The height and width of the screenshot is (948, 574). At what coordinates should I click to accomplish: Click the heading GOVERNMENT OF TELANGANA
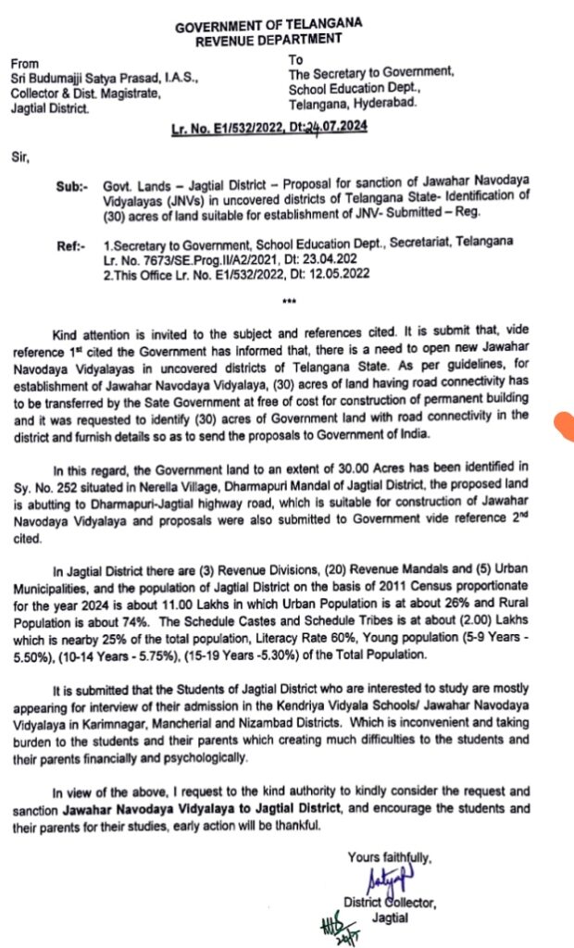[269, 25]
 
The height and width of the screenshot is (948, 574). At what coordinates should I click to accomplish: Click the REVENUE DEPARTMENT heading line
[269, 40]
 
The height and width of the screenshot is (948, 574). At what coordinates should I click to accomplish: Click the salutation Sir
[20, 158]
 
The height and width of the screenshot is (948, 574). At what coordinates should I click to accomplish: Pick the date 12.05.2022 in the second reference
[325, 273]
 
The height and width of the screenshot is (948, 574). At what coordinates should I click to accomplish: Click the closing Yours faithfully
[389, 856]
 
